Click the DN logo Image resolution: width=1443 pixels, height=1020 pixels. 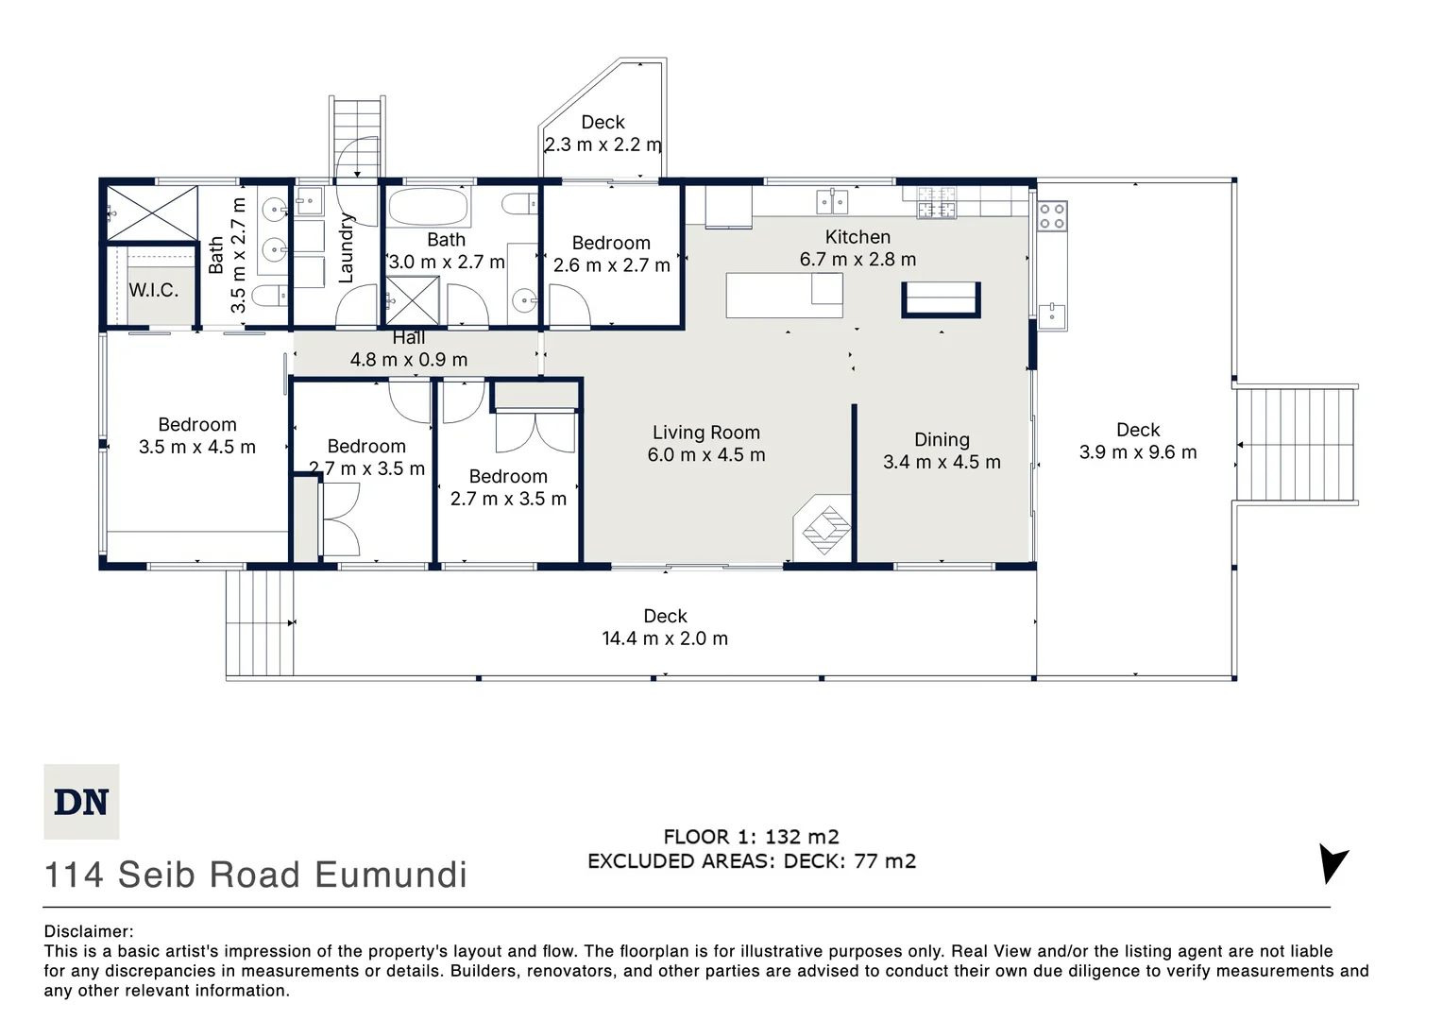81,801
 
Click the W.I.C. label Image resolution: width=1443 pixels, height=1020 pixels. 153,290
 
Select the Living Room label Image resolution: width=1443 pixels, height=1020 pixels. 706,433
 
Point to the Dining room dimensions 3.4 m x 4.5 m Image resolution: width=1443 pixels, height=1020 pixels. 942,462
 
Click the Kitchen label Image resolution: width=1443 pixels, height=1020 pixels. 857,237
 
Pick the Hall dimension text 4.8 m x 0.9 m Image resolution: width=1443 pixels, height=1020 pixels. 409,360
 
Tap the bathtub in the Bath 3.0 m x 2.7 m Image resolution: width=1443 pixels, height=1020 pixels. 428,206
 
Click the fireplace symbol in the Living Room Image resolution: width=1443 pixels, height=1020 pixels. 823,527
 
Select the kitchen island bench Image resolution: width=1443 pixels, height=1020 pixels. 784,295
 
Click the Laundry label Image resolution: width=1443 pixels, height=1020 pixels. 346,248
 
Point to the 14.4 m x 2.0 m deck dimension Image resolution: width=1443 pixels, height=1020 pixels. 665,638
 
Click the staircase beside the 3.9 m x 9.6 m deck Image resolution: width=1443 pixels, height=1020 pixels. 1297,445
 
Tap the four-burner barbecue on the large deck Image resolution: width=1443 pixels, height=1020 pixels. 1052,216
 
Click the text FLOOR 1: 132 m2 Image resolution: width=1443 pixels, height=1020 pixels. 751,837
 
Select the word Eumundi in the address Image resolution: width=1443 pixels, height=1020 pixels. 390,875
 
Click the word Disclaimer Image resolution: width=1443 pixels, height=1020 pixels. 89,931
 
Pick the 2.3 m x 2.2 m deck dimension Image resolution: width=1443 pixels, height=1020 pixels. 603,144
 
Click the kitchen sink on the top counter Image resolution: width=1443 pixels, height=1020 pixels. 832,201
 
